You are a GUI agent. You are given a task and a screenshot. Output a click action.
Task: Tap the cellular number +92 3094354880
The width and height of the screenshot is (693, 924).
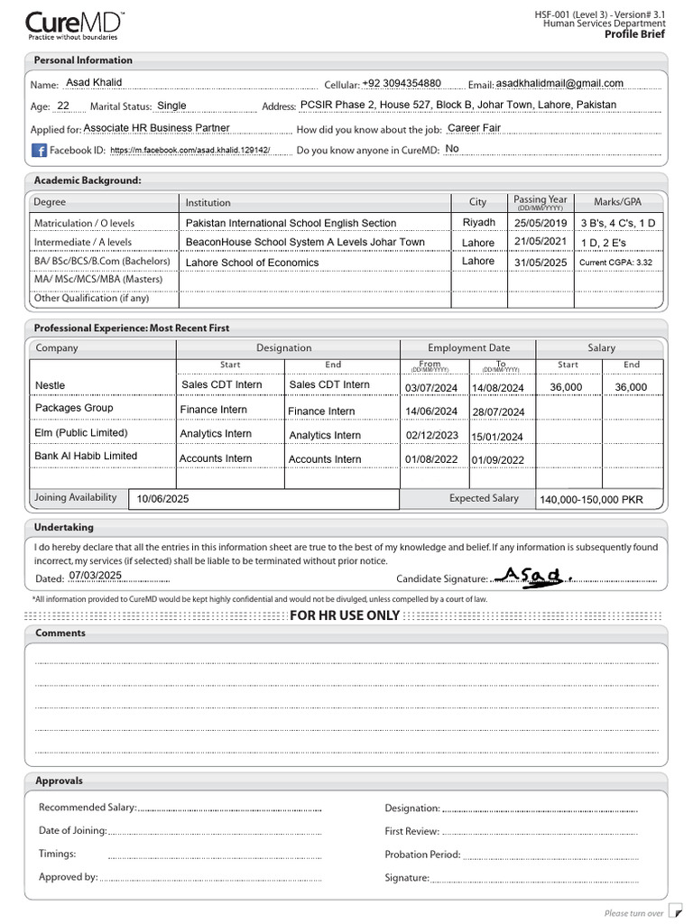402,83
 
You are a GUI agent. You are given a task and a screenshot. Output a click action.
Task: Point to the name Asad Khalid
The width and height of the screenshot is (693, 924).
94,83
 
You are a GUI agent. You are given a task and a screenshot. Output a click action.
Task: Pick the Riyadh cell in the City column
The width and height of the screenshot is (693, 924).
478,222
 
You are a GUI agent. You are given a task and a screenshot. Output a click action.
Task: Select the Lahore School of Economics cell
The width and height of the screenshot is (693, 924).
253,263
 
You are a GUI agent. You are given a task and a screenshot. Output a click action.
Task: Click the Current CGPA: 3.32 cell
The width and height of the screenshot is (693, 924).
615,263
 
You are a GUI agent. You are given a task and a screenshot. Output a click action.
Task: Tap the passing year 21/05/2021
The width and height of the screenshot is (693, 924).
541,242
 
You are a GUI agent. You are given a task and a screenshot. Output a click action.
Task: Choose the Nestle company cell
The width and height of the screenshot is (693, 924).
51,385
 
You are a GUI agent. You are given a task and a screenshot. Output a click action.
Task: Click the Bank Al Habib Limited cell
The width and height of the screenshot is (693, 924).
86,457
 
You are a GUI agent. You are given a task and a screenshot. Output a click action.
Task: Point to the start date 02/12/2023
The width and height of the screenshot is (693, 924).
431,435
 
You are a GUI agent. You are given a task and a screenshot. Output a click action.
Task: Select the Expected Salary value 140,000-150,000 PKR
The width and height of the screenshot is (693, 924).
591,500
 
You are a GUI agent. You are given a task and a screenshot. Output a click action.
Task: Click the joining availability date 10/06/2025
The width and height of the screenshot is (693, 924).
163,499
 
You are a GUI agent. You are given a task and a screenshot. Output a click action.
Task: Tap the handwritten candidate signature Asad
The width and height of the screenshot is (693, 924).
531,575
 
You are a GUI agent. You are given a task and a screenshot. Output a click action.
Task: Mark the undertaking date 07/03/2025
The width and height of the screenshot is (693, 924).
95,576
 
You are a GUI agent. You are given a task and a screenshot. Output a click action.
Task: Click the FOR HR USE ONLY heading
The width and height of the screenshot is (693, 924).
345,615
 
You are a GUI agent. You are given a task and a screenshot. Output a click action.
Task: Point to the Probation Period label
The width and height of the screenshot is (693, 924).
422,855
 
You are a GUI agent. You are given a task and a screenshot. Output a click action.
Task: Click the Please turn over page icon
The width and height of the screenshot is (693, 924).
674,912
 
